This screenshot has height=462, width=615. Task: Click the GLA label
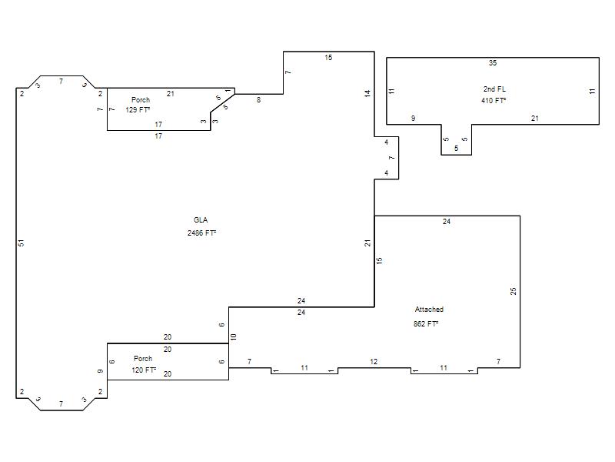tap(201, 220)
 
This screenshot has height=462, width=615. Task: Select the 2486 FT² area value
tap(201, 233)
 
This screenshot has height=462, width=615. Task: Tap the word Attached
tap(429, 310)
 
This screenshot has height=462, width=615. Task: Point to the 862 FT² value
tap(426, 323)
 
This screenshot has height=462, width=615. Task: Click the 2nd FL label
tap(494, 89)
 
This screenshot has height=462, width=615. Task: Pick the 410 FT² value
tap(494, 101)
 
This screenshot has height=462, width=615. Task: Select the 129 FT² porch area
tap(138, 110)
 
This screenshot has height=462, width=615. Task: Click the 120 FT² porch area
tap(144, 370)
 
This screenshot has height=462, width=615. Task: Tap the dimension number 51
tap(22, 243)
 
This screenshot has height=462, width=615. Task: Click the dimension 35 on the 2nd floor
tap(493, 63)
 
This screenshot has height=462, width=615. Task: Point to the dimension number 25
tap(514, 291)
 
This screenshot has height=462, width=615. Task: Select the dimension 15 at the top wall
tap(328, 58)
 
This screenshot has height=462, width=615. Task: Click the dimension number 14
tap(367, 93)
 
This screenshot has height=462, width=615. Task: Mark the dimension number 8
tap(258, 100)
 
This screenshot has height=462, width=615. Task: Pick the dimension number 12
tap(374, 362)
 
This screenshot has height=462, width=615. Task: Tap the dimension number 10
tap(234, 336)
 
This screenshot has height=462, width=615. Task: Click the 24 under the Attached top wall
tap(447, 222)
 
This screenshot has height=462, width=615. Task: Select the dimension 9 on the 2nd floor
tap(413, 119)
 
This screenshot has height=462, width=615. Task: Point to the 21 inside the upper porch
tap(170, 94)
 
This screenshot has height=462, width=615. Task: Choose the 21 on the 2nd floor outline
tap(534, 119)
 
